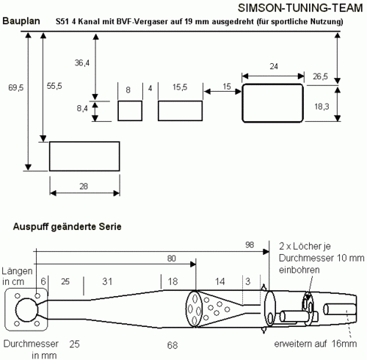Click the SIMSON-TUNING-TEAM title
(300, 8)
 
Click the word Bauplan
(21, 21)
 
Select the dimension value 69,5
(16, 87)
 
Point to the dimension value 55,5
(54, 86)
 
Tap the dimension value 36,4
(82, 63)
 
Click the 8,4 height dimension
(82, 108)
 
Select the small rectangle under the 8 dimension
(130, 111)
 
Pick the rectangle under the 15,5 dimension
(180, 111)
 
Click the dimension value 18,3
(321, 107)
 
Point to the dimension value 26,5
(320, 76)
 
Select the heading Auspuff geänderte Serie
(68, 226)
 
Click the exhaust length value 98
(250, 245)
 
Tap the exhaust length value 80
(172, 259)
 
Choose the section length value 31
(107, 281)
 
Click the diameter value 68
(172, 345)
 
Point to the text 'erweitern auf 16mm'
(316, 344)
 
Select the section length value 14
(219, 281)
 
